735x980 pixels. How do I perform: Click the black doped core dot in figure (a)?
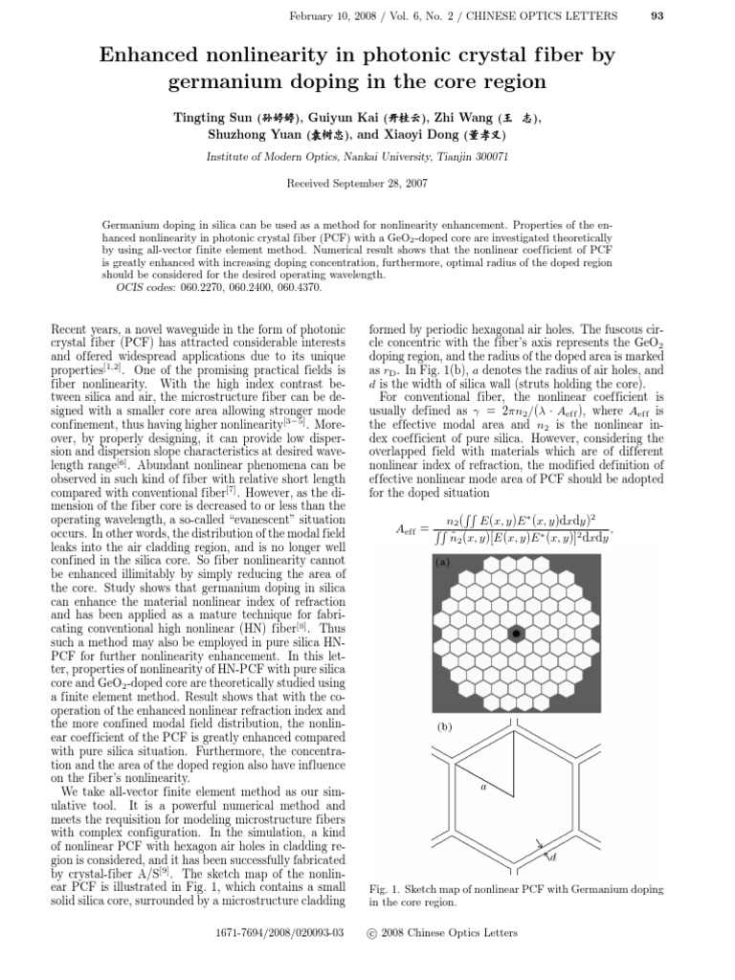pos(516,634)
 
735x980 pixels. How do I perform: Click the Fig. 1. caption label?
pos(386,890)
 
